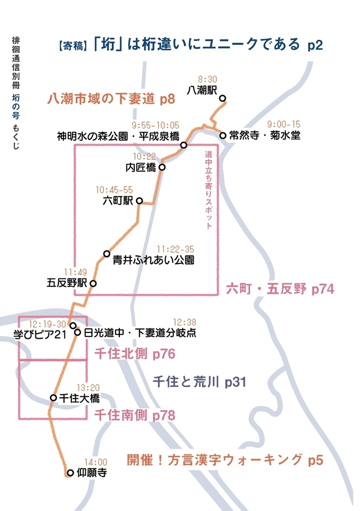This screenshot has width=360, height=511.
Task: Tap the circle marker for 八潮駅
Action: coord(223,98)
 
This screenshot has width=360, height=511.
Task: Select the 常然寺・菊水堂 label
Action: coord(265,135)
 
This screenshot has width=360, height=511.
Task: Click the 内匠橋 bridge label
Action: coord(141,168)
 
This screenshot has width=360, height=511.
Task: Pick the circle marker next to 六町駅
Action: coord(140,201)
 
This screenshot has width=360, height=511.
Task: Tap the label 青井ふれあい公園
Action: coord(153,260)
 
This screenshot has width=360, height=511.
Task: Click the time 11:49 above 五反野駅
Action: coord(76,272)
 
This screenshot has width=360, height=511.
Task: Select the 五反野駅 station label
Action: coord(67,283)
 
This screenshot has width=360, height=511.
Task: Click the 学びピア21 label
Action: coord(40,334)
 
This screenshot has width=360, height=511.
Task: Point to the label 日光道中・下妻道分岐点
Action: coord(140,333)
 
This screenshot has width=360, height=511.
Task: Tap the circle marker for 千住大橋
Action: coord(53,398)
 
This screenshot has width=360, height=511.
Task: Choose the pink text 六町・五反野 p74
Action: coord(280,289)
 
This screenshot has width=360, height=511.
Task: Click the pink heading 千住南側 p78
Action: coord(135,415)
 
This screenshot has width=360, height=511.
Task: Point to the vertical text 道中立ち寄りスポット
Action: coord(209,190)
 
